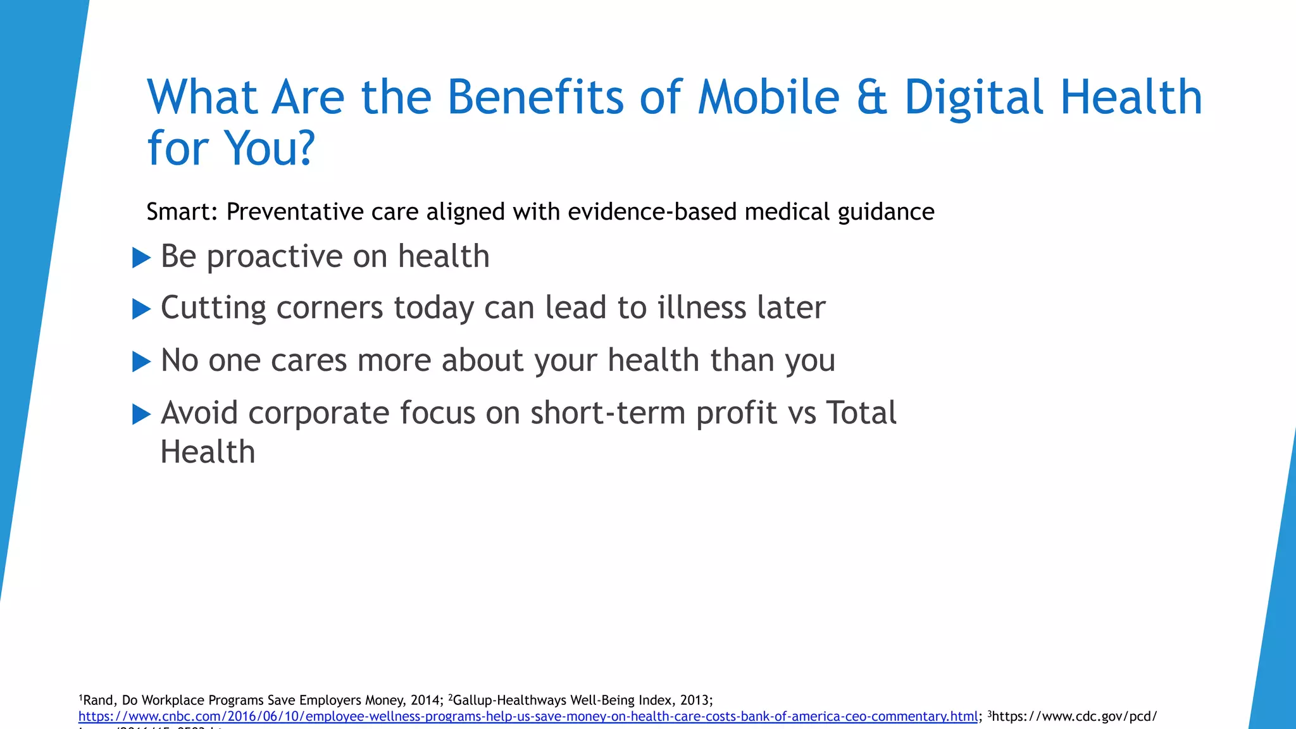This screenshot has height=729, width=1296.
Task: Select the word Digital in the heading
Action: tap(973, 98)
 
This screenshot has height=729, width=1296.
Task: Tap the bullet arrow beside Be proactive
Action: tap(141, 258)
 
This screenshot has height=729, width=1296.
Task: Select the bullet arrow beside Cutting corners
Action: tap(141, 309)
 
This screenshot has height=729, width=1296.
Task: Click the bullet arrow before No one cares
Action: tap(141, 362)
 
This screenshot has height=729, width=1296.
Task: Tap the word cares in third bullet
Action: tap(308, 361)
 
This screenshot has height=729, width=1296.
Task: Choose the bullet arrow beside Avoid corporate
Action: tap(141, 414)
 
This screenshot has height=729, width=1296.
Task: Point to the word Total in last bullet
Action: tap(861, 413)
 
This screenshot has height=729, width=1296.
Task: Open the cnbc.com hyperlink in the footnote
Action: tap(528, 716)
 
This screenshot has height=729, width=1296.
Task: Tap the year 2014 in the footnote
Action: tap(425, 701)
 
